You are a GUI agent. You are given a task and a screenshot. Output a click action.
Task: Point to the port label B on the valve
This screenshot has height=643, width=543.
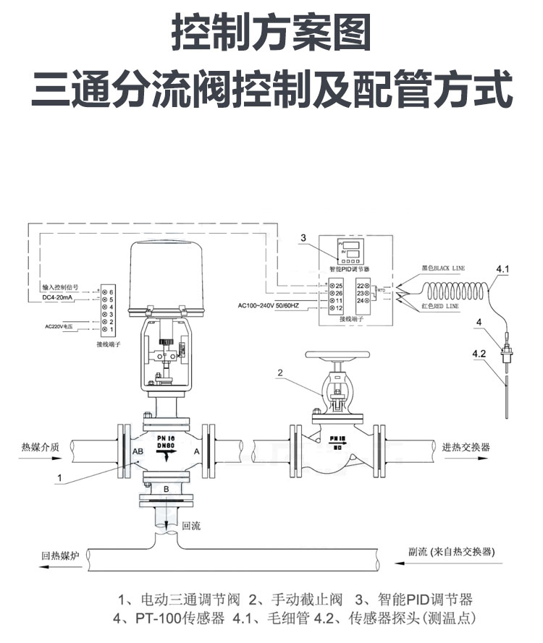(x=166, y=490)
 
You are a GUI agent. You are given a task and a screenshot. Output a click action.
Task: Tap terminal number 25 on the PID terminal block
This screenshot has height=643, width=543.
(x=338, y=286)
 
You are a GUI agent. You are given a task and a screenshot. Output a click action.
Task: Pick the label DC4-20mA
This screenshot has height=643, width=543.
(x=54, y=298)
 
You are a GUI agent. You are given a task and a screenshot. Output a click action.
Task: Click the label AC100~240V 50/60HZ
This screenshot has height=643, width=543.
(x=277, y=305)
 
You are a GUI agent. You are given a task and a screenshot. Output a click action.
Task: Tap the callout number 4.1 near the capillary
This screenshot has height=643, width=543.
(x=502, y=270)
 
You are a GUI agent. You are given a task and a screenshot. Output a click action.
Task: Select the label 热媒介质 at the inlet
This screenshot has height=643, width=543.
(x=41, y=446)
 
